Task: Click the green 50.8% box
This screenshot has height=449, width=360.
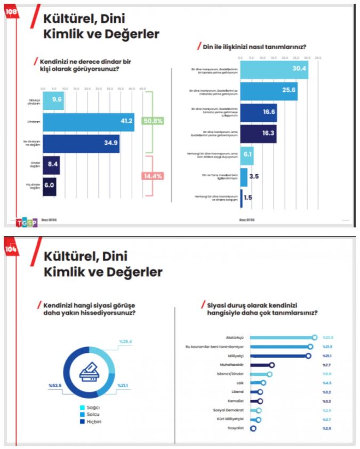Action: [x=153, y=121]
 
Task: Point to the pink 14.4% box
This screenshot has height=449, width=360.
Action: [x=153, y=176]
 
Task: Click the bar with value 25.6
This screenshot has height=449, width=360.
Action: [x=269, y=91]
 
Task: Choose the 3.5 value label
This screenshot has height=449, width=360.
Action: [x=254, y=176]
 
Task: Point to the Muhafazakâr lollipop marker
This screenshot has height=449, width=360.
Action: [x=272, y=365]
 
